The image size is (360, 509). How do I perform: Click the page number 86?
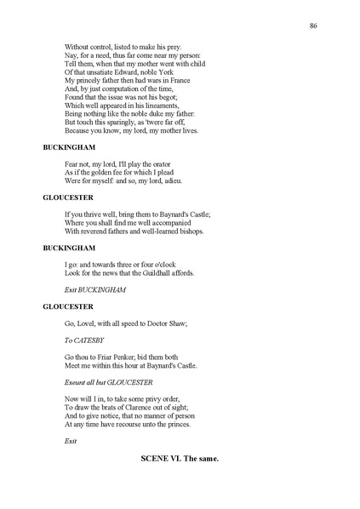click(314, 26)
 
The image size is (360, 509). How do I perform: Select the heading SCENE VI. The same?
click(180, 459)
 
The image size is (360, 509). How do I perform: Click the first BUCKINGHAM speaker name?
click(69, 147)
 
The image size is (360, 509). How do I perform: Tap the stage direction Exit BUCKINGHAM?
click(95, 289)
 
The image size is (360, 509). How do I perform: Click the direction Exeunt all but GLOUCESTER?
click(108, 382)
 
